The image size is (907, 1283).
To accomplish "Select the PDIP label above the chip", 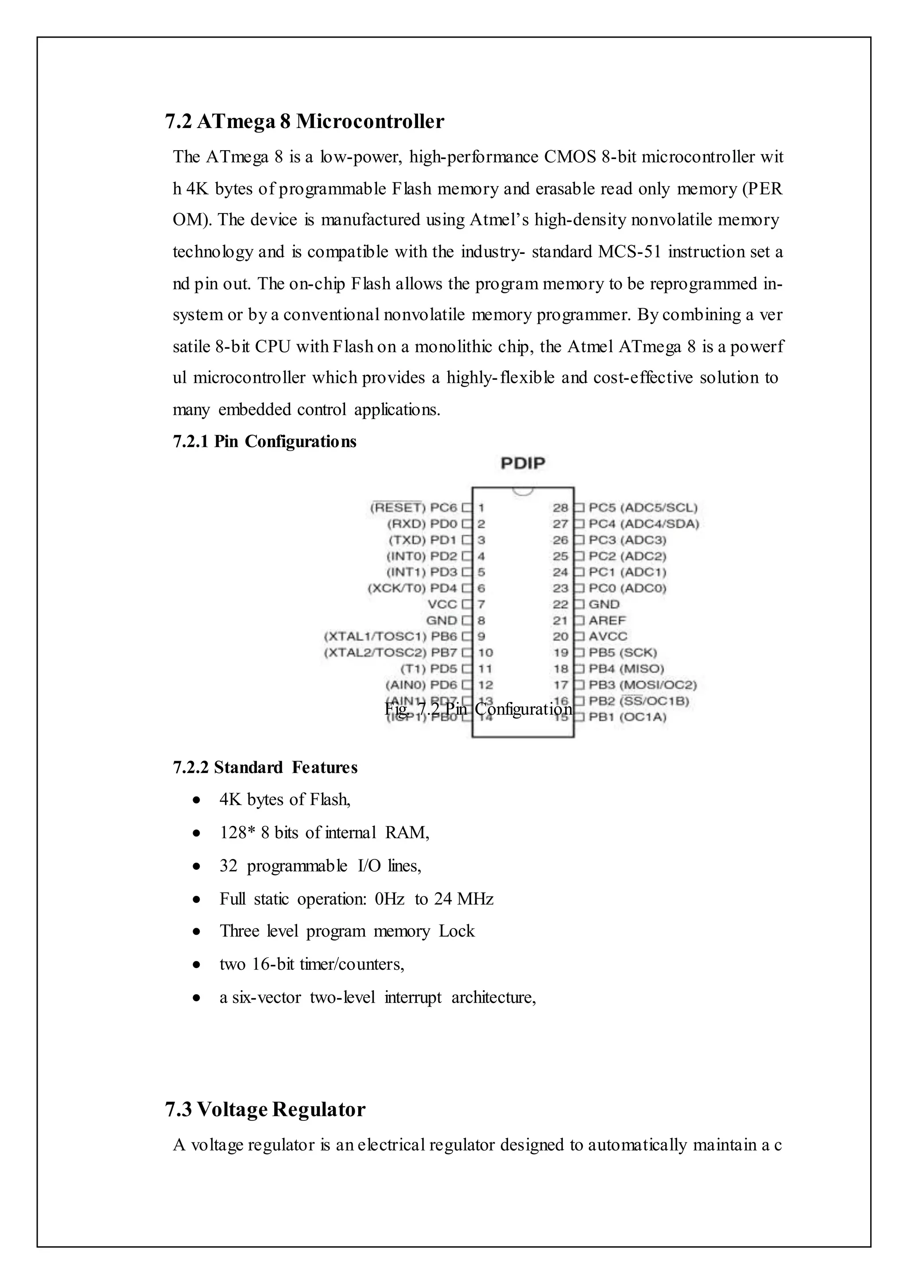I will click(522, 463).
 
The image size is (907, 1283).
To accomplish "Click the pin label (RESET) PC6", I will click(413, 507).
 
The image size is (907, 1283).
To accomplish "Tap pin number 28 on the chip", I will click(560, 507).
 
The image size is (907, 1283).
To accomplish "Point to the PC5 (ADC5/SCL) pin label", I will click(643, 507).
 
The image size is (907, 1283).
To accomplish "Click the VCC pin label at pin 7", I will click(442, 604).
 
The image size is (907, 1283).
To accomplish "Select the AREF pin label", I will click(607, 620).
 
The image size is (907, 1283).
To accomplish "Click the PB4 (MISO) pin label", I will click(626, 669).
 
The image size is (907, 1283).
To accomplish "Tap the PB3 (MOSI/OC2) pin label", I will click(642, 685).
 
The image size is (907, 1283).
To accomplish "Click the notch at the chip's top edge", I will click(523, 491).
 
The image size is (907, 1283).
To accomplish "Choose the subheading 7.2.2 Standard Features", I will click(265, 767).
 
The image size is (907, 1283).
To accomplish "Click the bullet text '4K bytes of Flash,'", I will click(285, 800).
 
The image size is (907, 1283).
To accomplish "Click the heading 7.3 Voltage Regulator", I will click(265, 1110).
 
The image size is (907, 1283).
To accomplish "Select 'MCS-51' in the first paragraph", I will click(629, 252).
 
